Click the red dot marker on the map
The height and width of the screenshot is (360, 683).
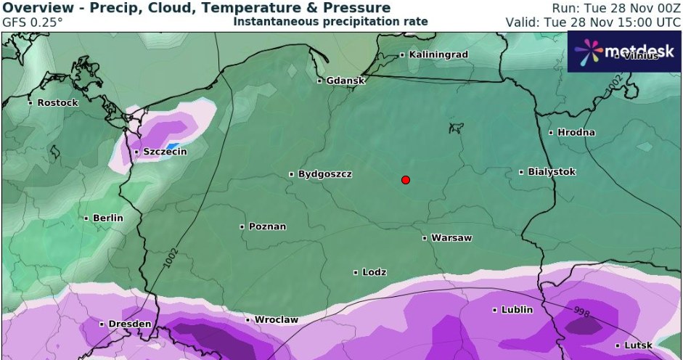click(406, 180)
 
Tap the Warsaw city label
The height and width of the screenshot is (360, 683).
click(451, 238)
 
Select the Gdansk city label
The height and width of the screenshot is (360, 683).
click(345, 81)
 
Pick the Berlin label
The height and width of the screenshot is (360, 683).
click(107, 218)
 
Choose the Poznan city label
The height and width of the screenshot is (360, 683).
click(266, 226)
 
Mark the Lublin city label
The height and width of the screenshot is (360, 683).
click(516, 310)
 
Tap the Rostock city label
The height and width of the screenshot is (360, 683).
click(57, 102)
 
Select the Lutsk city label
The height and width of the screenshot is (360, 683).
click(637, 345)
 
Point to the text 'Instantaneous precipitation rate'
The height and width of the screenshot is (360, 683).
click(330, 22)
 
